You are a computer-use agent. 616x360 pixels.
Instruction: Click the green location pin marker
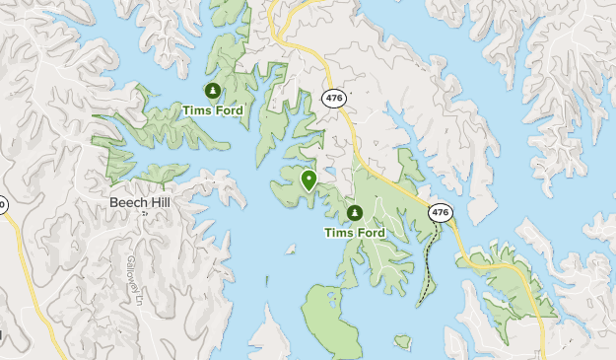[x=308, y=180]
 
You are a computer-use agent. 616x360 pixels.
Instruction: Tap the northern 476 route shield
[x=333, y=97]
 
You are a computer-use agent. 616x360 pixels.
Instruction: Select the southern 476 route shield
[x=440, y=212]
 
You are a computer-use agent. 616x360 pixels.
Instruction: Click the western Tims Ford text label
[x=212, y=110]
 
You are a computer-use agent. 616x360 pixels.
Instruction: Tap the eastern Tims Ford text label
[x=355, y=233]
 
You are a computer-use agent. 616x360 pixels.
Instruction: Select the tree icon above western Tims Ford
[x=212, y=92]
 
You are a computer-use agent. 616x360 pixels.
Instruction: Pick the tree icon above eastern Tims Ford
[x=354, y=213]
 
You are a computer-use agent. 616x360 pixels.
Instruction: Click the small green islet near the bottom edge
[x=402, y=341]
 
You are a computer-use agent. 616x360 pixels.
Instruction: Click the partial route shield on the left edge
[x=2, y=205]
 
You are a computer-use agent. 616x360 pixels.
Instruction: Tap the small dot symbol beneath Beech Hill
[x=144, y=212]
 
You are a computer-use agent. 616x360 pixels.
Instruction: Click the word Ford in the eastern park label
[x=371, y=233]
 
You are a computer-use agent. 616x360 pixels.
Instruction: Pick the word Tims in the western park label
[x=195, y=110]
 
